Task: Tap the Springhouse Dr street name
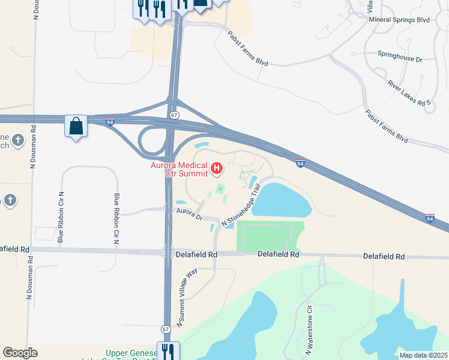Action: tap(400, 60)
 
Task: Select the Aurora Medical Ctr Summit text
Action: tap(178, 170)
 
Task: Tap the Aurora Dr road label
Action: tap(189, 213)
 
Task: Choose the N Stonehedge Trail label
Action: tap(243, 206)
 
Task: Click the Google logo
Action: tap(20, 352)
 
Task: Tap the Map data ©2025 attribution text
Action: tap(423, 355)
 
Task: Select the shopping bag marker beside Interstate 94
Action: tap(76, 127)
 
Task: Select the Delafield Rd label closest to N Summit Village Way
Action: tap(196, 254)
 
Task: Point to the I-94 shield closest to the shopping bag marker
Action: tap(110, 122)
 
